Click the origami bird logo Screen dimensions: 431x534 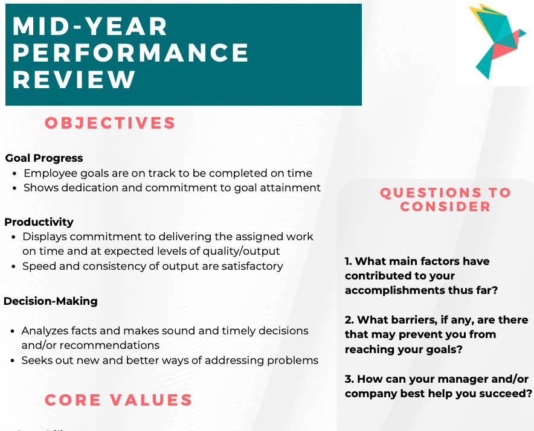(494, 41)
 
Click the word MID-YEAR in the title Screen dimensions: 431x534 (91, 27)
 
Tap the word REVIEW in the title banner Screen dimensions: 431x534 (74, 80)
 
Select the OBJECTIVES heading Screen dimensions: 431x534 (110, 123)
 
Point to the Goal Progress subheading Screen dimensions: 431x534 (44, 158)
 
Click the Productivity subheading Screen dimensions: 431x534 (39, 222)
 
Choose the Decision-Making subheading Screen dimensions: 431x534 (51, 301)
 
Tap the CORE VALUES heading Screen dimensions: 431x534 (118, 400)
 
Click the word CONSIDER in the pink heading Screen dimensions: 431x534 (445, 206)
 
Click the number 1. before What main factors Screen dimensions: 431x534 (349, 261)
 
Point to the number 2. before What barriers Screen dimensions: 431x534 (349, 319)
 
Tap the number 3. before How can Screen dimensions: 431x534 (349, 378)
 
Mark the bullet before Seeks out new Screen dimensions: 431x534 (13, 360)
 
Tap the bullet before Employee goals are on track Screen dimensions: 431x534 (15, 173)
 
